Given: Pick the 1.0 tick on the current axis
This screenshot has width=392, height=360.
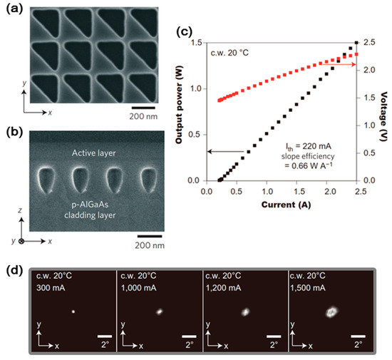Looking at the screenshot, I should (267, 191).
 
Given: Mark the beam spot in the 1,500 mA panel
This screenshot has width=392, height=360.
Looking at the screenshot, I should (331, 310).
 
